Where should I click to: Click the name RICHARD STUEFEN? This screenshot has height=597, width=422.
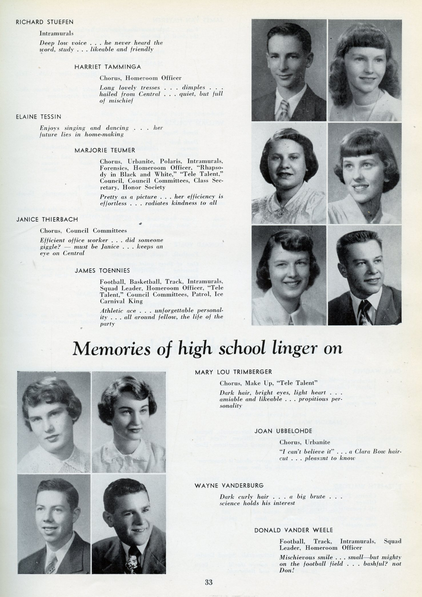(44, 22)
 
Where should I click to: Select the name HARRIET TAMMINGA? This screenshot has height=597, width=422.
(108, 67)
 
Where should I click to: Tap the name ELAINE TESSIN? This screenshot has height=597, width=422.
(38, 117)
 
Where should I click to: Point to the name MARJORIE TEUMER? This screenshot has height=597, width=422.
(105, 150)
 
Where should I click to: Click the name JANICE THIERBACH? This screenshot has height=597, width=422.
(47, 220)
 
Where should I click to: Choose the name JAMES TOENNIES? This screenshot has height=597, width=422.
(102, 270)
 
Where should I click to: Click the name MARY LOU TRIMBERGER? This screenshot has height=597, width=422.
(233, 372)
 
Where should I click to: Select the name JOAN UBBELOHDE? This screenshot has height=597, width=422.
(283, 431)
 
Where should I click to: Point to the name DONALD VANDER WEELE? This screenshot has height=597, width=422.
(293, 530)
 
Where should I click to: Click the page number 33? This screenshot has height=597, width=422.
(208, 583)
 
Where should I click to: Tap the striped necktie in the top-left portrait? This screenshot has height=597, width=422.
(284, 110)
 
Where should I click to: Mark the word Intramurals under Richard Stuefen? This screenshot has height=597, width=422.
(57, 33)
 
